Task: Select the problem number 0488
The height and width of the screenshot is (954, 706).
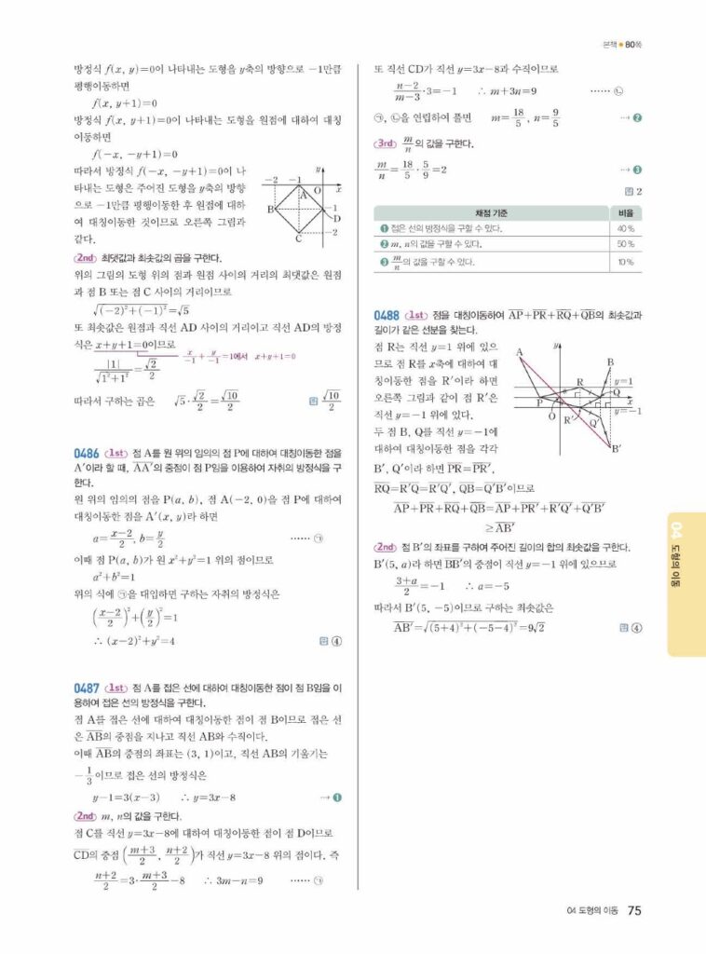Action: click(x=387, y=314)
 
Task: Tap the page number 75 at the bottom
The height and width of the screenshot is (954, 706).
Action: click(x=633, y=910)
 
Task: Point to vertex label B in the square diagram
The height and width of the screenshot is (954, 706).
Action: click(x=269, y=209)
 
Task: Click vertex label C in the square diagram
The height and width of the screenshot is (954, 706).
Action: click(x=299, y=239)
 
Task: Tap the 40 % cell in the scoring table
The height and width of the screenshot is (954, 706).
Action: click(x=626, y=228)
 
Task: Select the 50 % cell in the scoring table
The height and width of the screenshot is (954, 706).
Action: click(x=626, y=244)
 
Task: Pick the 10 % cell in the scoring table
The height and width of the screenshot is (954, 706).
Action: click(x=626, y=263)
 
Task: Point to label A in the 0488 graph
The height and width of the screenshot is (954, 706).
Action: click(x=521, y=351)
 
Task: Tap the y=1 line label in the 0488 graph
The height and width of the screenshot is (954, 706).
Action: click(x=624, y=381)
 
